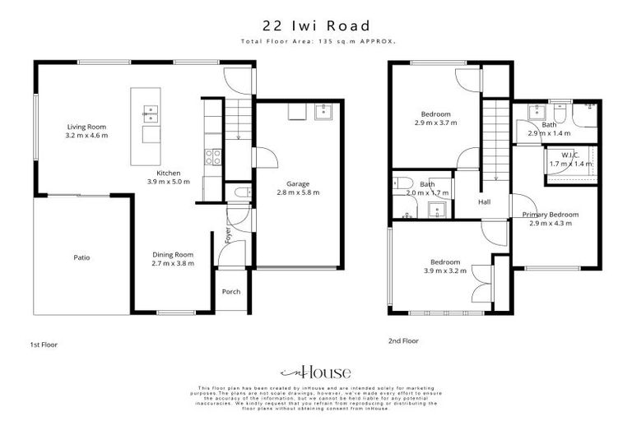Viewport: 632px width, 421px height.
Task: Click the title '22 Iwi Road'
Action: (x=315, y=25)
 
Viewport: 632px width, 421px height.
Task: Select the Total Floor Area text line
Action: (x=315, y=40)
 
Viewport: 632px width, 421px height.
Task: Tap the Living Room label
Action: (x=87, y=127)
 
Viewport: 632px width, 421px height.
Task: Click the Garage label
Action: (x=296, y=183)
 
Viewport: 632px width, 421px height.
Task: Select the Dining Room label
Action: (x=172, y=255)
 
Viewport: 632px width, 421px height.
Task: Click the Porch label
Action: (x=230, y=292)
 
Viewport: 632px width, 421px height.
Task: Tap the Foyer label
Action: (x=228, y=236)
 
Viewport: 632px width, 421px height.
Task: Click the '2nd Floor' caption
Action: (x=403, y=340)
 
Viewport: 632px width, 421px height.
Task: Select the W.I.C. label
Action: (x=571, y=155)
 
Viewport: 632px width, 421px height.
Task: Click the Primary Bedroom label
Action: (x=551, y=215)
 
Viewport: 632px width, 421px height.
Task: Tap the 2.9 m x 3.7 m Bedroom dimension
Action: (x=435, y=123)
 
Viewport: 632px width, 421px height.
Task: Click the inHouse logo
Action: (x=315, y=371)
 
